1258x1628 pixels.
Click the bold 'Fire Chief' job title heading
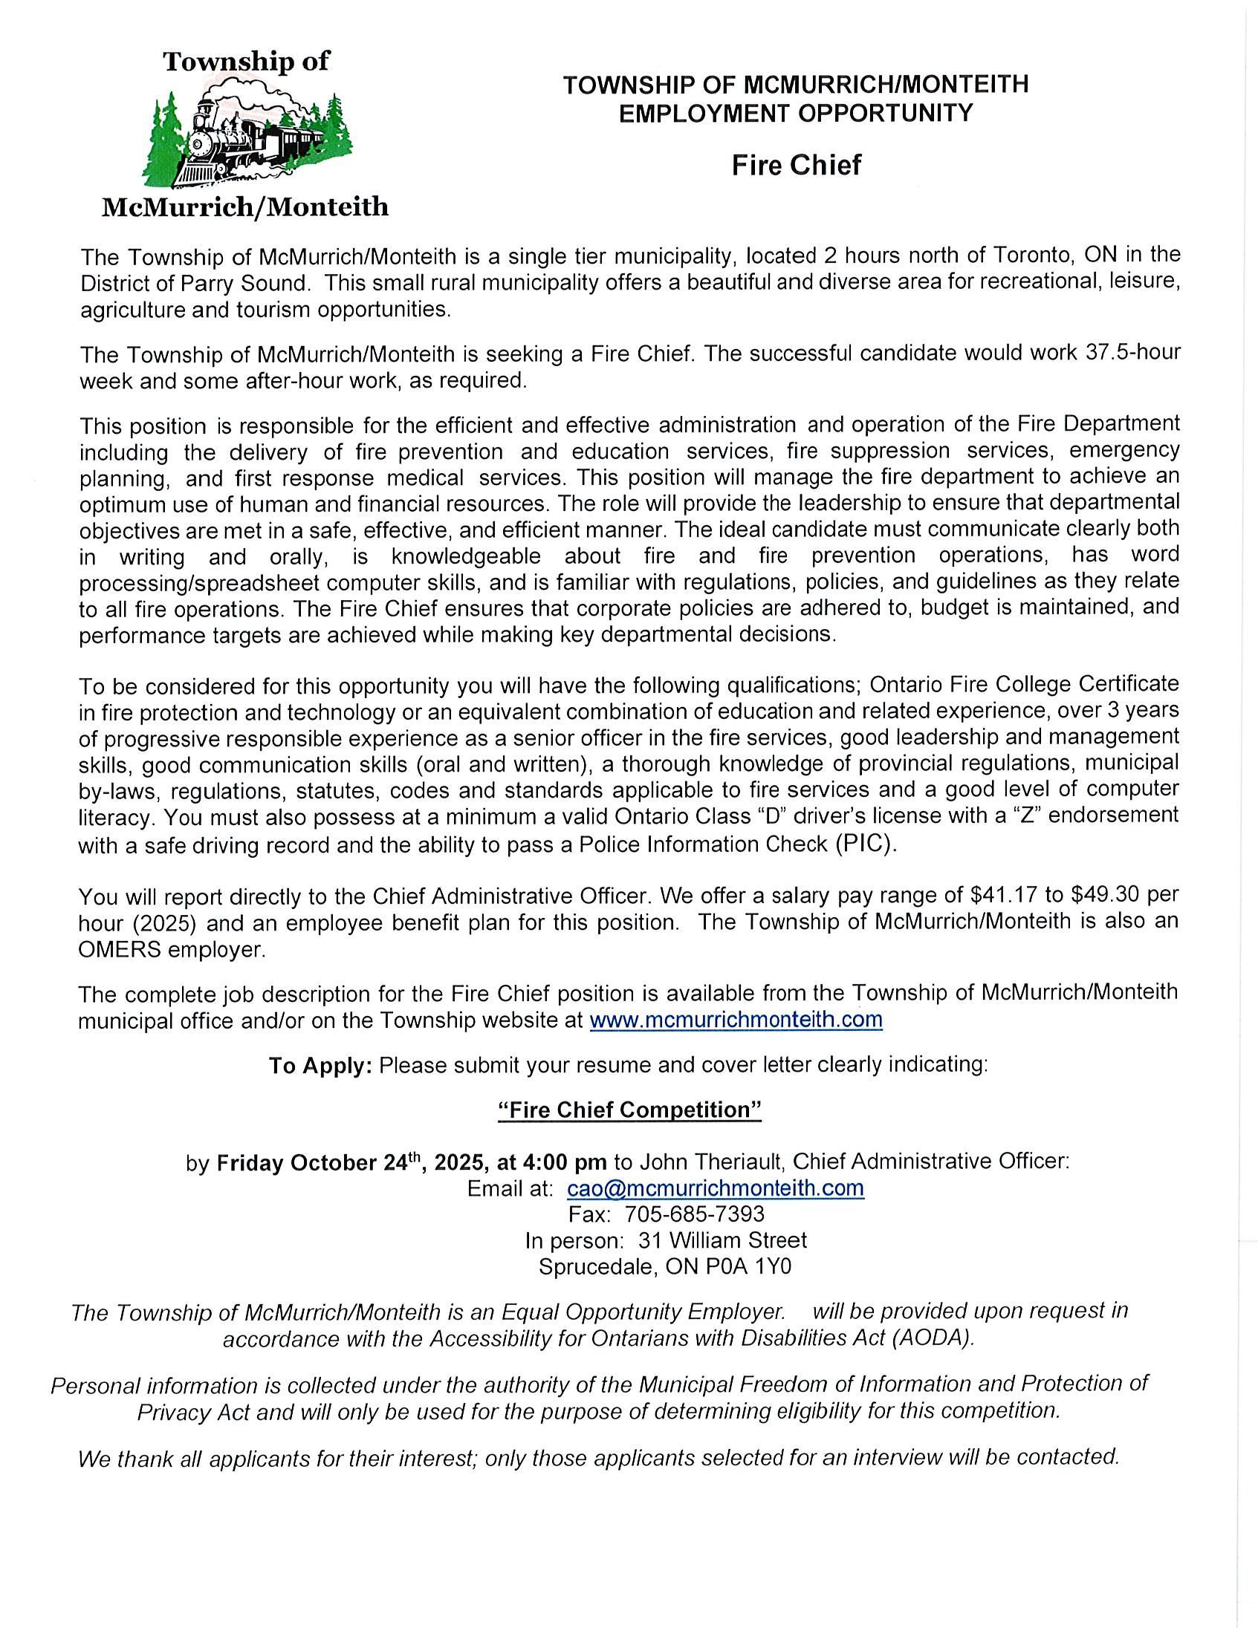click(x=796, y=165)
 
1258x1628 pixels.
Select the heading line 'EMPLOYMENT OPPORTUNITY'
click(x=796, y=114)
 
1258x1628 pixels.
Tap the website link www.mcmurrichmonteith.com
click(x=736, y=1020)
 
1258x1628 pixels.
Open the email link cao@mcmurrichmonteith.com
click(x=715, y=1188)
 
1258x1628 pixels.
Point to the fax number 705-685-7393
click(x=694, y=1214)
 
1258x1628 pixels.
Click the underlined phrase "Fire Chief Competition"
click(x=629, y=1110)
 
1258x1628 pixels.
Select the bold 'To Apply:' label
click(x=320, y=1066)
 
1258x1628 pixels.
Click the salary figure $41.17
click(x=1003, y=893)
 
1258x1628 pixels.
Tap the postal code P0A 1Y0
click(x=748, y=1266)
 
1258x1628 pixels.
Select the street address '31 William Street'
click(x=722, y=1240)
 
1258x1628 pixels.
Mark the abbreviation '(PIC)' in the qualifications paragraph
click(x=866, y=844)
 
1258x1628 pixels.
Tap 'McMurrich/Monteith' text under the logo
click(x=244, y=206)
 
